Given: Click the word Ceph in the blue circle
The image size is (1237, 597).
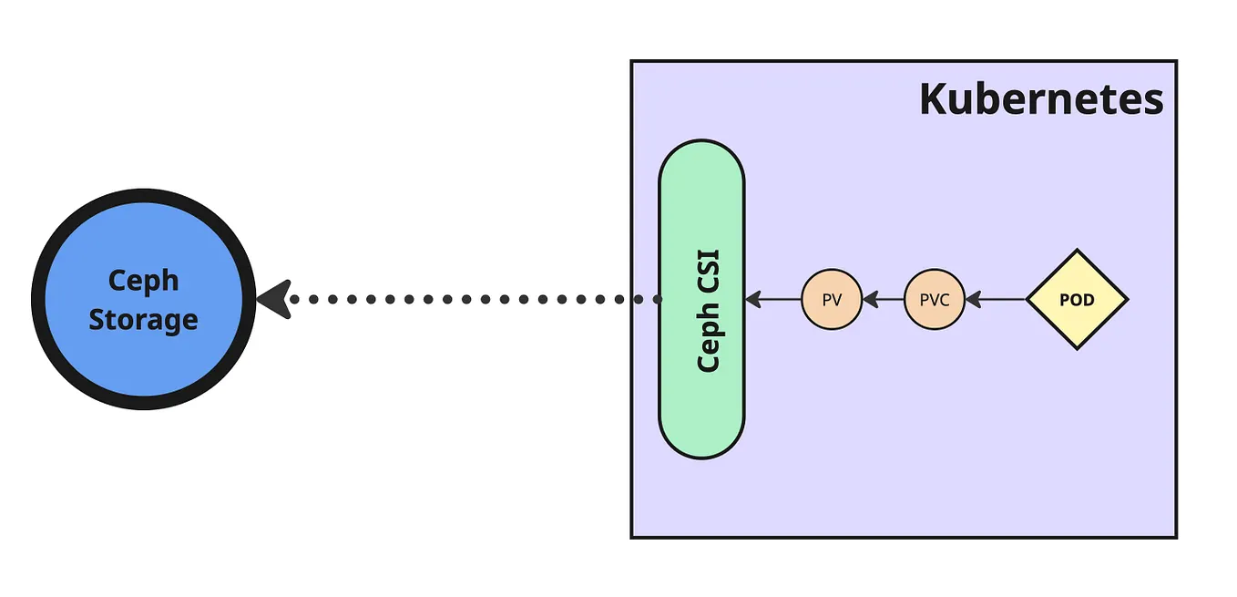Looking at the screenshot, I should point(143,281).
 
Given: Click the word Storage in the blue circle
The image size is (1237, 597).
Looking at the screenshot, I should point(143,320).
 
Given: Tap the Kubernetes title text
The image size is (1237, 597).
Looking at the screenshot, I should point(1040,99).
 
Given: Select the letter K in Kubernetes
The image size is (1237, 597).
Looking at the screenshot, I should point(932,99).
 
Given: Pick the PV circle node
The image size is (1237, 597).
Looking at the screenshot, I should point(831,299).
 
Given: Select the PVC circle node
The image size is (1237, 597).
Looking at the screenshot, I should point(934,299).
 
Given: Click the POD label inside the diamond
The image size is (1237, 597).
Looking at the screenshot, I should point(1077,299).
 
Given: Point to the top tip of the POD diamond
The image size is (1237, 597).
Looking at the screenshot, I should point(1077,251).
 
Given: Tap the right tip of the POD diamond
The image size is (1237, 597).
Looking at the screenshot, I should point(1127,299).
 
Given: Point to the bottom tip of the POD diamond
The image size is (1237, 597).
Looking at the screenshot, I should point(1077,348).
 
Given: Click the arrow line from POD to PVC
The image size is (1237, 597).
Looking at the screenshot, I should point(997,298).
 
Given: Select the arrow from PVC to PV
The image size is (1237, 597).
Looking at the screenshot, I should point(884,298).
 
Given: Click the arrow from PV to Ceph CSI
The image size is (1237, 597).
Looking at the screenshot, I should point(774,298).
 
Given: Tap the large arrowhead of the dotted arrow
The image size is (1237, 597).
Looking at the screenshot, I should point(273,299).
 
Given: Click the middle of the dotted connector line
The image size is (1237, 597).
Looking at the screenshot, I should point(474,299).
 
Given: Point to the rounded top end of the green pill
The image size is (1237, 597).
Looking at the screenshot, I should point(701,146).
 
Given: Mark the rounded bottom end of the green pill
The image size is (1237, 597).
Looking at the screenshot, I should point(701,453).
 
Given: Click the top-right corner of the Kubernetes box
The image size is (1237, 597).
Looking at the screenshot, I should point(1176,62).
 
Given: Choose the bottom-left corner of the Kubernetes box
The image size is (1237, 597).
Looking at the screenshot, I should point(632,537).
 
